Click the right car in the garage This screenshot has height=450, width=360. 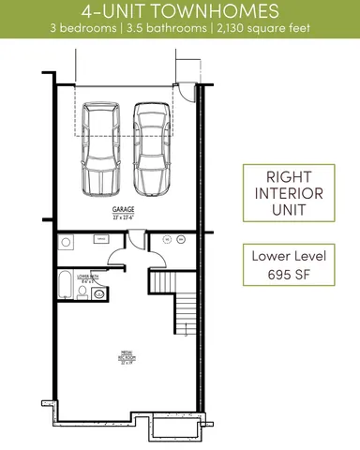coord(153,147)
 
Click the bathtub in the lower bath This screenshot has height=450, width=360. coord(65,283)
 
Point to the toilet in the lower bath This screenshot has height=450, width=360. coord(83,293)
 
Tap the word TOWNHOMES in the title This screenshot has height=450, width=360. coord(221,11)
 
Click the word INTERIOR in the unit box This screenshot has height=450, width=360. coord(289,194)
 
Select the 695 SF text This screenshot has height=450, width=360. coord(289,275)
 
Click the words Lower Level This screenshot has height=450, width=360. coord(289,256)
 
